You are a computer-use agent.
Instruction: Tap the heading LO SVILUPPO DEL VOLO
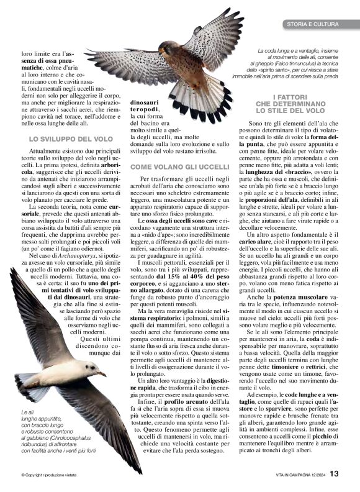[71, 139]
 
